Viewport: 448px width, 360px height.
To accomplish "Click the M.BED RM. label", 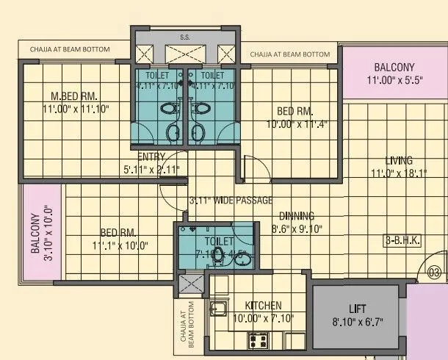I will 74,96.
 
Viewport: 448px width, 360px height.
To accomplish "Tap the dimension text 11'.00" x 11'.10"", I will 73,109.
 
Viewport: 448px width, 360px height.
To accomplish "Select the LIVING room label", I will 400,161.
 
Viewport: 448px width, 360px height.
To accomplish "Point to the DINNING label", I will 297,216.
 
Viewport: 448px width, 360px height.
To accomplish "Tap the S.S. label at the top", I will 185,37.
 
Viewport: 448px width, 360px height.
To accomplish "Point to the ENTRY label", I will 151,156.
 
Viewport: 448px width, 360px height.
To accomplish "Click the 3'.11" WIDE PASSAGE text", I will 231,201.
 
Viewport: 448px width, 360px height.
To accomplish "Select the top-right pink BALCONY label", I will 394,67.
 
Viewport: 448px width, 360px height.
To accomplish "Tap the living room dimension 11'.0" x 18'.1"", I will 400,174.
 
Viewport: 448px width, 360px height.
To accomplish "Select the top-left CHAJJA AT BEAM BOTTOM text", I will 70,50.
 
